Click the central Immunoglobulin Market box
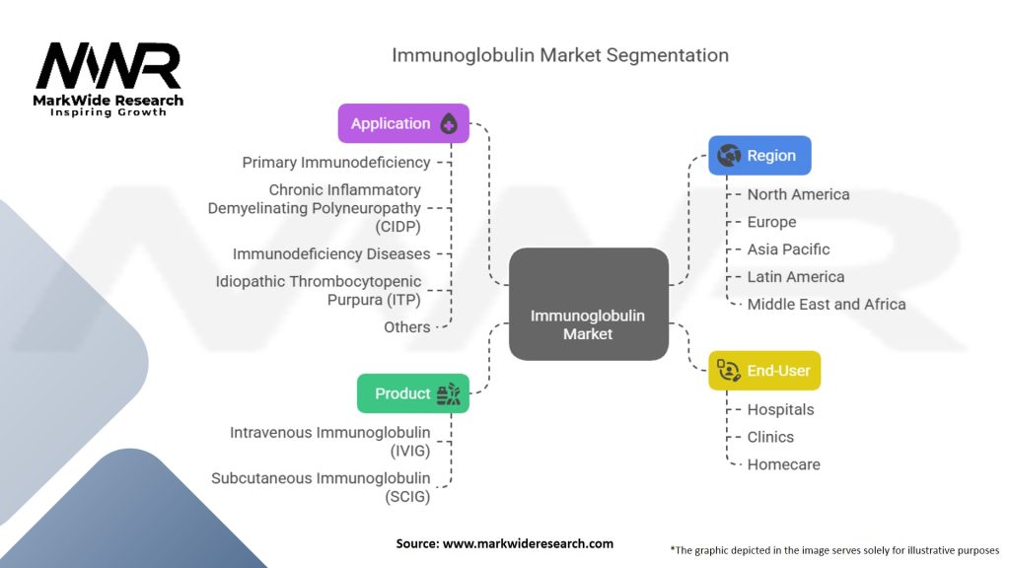[x=588, y=304]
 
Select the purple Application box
[x=403, y=123]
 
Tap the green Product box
[x=412, y=393]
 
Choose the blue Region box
[x=759, y=155]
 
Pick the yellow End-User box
[x=764, y=370]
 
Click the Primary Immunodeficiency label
[x=336, y=162]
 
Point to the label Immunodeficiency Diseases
[x=331, y=253]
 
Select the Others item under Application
[x=407, y=326]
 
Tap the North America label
[x=798, y=194]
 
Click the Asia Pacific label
[x=788, y=249]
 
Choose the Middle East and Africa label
[x=826, y=304]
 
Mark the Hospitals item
[x=780, y=409]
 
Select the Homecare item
[x=783, y=463]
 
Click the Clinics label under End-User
[x=770, y=437]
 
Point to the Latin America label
[x=795, y=277]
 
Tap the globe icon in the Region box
[x=730, y=155]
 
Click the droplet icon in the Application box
[x=449, y=124]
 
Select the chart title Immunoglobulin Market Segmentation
[x=560, y=54]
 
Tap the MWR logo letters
[x=108, y=67]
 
